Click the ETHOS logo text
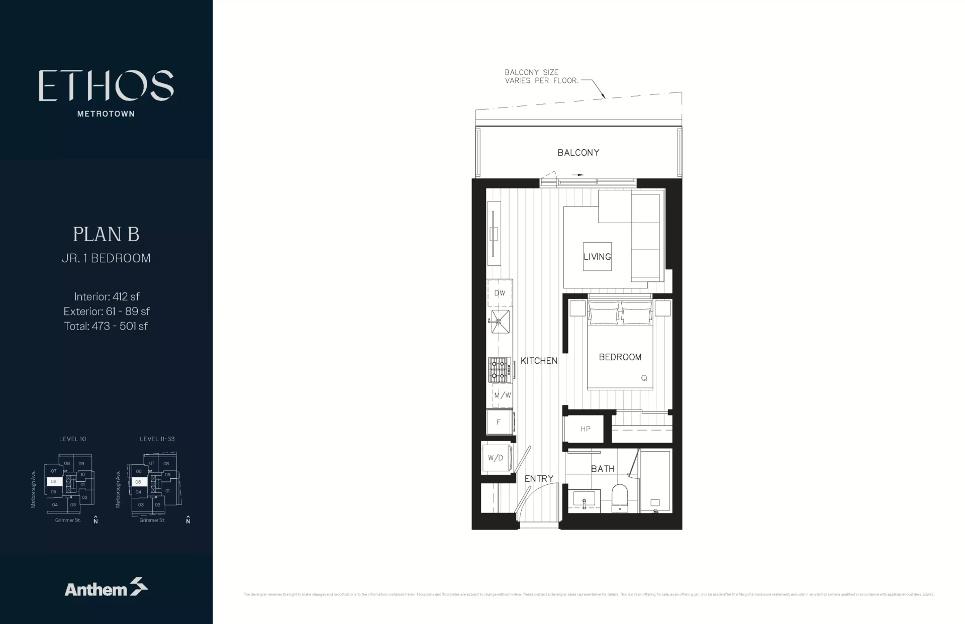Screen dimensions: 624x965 106,85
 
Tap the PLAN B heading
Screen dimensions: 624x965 106,234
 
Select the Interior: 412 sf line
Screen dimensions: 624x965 107,296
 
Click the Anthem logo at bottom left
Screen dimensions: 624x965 106,587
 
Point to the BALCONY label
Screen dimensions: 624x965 578,153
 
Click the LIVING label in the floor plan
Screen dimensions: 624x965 597,257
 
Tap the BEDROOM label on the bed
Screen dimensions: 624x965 620,357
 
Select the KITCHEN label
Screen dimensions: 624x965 539,361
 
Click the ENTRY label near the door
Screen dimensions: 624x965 539,479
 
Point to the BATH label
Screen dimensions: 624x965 603,469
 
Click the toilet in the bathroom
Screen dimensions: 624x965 619,497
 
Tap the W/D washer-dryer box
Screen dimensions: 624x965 496,458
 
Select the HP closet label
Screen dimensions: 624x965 585,429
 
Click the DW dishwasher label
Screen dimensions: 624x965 500,293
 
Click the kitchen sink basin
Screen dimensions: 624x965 500,322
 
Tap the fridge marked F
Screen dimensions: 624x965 499,422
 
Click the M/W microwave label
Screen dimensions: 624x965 502,395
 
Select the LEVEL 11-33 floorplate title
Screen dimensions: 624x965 157,439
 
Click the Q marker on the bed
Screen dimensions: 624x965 644,378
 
